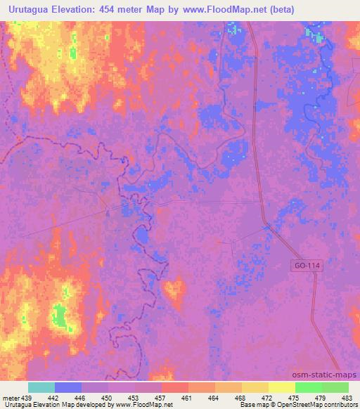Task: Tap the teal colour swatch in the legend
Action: click(x=41, y=387)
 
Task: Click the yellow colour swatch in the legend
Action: click(x=281, y=387)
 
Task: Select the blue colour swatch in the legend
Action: click(x=68, y=387)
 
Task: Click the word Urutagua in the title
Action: click(x=27, y=9)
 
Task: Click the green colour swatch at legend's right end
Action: click(x=335, y=387)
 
